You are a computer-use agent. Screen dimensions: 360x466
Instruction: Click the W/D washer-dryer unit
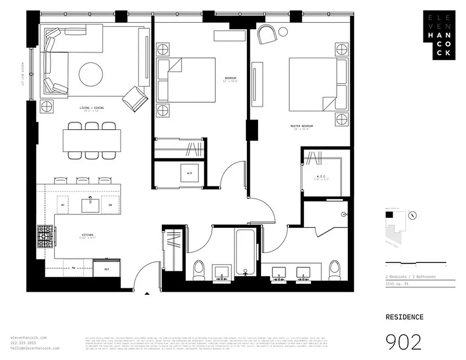[x=189, y=173]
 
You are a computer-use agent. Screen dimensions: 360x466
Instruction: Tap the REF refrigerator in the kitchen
[x=107, y=269]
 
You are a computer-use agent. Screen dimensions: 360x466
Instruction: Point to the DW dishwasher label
[x=110, y=205]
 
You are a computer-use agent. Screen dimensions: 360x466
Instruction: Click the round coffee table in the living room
[x=90, y=74]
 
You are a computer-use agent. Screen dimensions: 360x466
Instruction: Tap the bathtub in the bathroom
[x=246, y=252]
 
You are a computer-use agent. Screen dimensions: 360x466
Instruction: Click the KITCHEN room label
[x=88, y=235]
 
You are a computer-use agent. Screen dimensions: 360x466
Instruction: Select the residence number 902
[x=404, y=342]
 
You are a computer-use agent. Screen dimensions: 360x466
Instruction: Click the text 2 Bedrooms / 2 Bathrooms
[x=410, y=277]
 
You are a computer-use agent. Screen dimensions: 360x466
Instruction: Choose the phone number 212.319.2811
[x=23, y=343]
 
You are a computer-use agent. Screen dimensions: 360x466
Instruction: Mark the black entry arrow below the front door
[x=147, y=294]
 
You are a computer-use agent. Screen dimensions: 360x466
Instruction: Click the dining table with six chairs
[x=92, y=140]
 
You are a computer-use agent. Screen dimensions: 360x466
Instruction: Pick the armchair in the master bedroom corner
[x=267, y=34]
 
